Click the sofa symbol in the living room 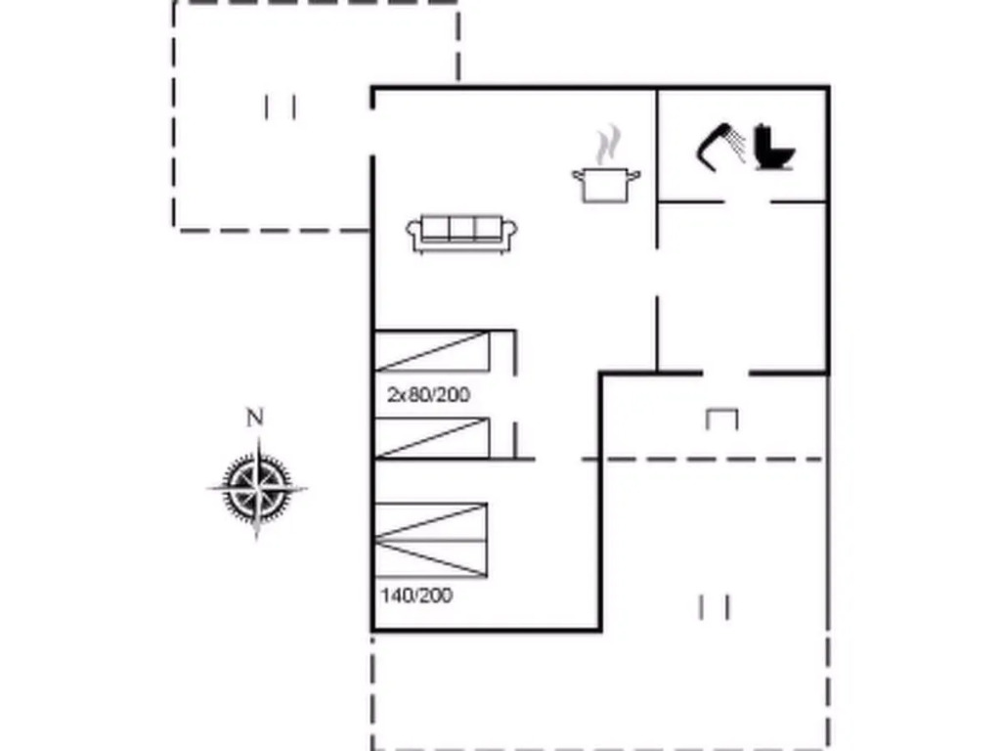(461, 235)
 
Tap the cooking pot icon (606, 185)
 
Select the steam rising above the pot (608, 145)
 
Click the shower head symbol (720, 147)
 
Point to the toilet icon (774, 149)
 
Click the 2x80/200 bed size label (428, 395)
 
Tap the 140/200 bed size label (416, 596)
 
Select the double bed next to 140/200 (431, 540)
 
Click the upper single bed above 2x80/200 (432, 351)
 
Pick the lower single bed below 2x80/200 (432, 438)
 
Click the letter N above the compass (255, 418)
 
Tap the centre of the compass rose (257, 489)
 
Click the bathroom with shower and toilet (743, 146)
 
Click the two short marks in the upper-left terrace (281, 108)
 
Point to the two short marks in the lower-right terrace (714, 607)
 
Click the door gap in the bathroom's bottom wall (748, 201)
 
